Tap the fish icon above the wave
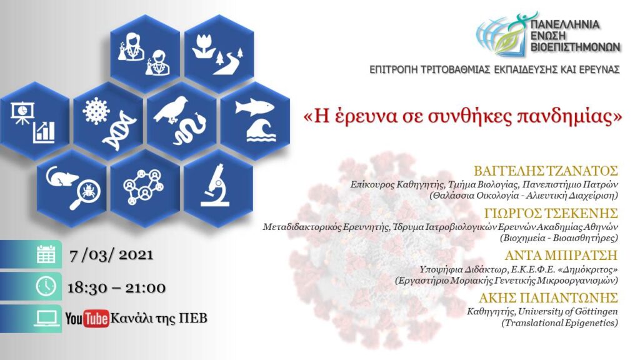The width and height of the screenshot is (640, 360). [255, 107]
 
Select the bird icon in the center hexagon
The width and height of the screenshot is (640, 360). [171, 109]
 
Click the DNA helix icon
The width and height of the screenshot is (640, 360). [119, 131]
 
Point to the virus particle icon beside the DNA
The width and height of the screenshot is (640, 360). [96, 111]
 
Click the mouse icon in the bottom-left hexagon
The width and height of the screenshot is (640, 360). [62, 176]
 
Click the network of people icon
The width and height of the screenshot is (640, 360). [143, 187]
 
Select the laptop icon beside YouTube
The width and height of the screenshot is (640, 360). [46, 318]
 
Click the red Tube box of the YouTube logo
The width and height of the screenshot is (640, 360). [96, 318]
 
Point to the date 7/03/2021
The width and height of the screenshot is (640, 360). [111, 255]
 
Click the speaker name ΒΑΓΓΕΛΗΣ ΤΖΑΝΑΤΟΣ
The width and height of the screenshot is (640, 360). [546, 170]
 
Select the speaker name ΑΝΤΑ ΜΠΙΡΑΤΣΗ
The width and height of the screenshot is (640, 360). [561, 255]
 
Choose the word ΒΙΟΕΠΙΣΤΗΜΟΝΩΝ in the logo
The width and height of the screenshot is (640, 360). [576, 47]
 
